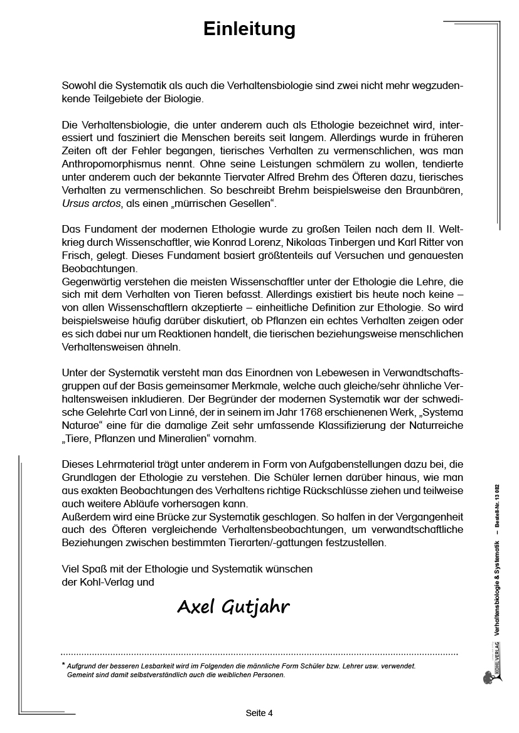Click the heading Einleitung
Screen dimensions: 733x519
tap(249, 29)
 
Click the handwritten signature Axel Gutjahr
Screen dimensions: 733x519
tap(233, 606)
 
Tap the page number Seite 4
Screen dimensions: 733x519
tap(259, 713)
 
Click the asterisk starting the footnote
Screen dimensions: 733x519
tap(63, 665)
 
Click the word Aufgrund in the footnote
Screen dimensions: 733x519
tap(84, 667)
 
